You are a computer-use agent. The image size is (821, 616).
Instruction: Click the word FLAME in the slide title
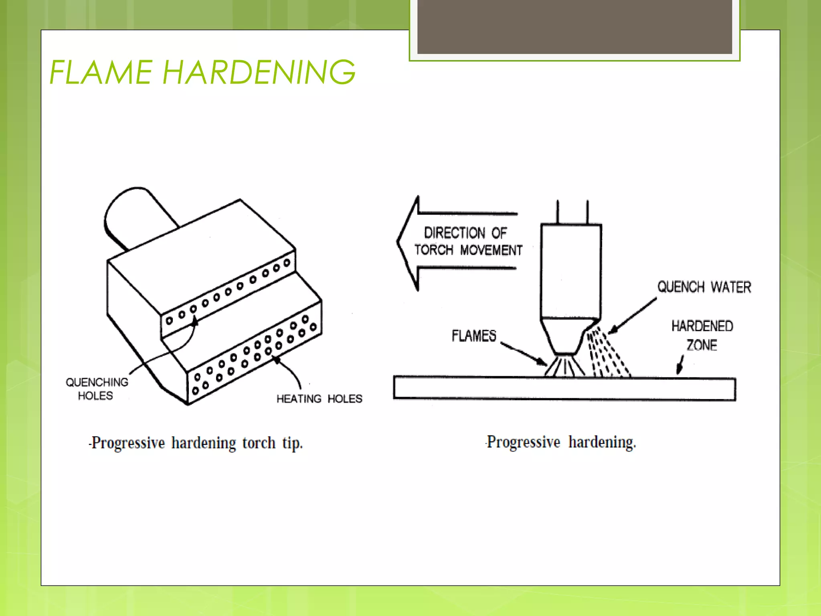point(100,73)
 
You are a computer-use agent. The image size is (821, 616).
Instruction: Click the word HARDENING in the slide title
point(259,73)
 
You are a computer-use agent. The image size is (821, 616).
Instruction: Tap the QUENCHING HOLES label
point(97,389)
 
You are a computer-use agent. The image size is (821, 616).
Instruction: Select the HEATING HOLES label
point(319,399)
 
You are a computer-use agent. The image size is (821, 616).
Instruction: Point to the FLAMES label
point(474,336)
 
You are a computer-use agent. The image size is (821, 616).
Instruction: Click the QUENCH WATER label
point(704,287)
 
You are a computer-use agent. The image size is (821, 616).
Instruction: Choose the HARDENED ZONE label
point(702,335)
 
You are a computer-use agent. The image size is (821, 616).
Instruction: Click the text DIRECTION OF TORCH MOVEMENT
point(468,241)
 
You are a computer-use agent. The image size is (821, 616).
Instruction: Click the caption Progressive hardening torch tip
point(196,443)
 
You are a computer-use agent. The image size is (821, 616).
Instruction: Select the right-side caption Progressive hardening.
point(561,442)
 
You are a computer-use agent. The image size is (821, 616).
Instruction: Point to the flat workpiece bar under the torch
point(564,388)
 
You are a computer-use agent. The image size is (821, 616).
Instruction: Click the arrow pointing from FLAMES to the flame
point(523,353)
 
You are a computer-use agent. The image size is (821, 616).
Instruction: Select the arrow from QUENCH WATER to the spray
point(633,315)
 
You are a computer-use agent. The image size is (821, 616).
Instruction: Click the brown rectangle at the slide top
point(574,26)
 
